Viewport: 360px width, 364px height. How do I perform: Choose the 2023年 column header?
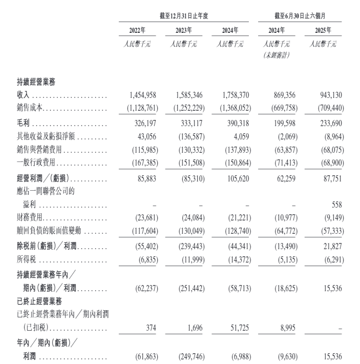click(183, 30)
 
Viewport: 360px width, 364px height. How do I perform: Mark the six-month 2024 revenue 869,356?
click(281, 95)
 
